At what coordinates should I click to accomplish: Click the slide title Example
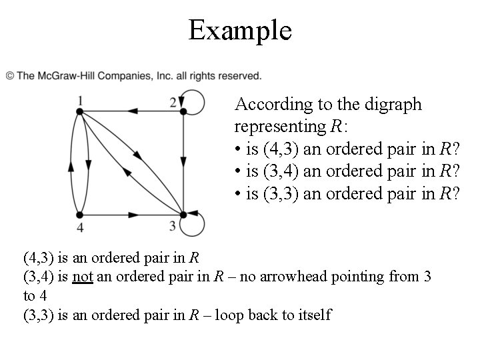[x=240, y=30]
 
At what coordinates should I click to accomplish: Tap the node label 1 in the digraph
[x=79, y=101]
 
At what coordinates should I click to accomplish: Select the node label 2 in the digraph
[x=173, y=102]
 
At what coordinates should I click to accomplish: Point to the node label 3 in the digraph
[x=173, y=225]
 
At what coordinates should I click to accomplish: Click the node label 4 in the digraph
[x=79, y=227]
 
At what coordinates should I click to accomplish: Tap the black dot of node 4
[x=79, y=215]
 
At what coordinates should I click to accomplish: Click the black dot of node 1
[x=79, y=112]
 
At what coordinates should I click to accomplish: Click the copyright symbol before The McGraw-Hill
[x=10, y=76]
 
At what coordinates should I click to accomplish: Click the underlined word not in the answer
[x=82, y=276]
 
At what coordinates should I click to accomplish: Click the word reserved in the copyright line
[x=237, y=76]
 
